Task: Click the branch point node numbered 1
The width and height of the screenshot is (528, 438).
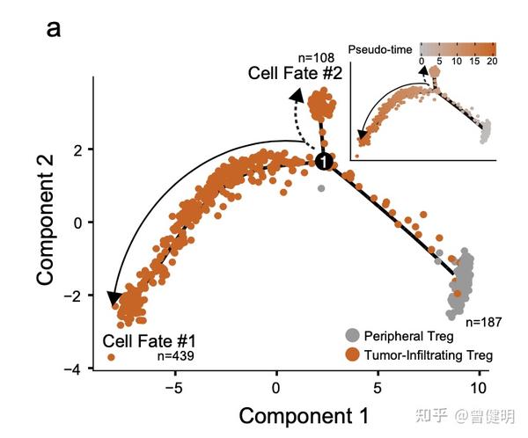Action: (x=324, y=162)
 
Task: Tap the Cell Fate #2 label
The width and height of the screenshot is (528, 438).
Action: (x=295, y=73)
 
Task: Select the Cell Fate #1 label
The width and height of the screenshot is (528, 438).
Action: (x=150, y=341)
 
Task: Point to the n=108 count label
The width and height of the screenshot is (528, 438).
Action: (x=316, y=57)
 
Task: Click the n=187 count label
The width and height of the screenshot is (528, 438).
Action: (x=483, y=322)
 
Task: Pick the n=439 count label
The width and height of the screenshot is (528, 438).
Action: (x=176, y=356)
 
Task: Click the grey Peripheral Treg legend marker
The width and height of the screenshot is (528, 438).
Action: (x=353, y=335)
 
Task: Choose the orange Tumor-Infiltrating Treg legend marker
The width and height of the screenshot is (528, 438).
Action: (x=353, y=354)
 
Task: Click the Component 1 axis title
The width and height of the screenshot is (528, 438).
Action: (x=304, y=416)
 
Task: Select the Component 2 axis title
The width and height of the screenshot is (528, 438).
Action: (x=45, y=220)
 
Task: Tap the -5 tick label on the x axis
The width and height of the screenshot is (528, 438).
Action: (x=173, y=388)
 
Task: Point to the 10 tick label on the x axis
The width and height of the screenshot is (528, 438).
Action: (x=478, y=388)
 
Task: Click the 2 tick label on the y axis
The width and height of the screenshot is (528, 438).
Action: (x=78, y=150)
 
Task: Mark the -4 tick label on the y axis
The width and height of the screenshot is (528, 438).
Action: (x=73, y=369)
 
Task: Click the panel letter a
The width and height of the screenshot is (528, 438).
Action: (x=54, y=29)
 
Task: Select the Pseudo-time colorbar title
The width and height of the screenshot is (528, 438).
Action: (x=380, y=50)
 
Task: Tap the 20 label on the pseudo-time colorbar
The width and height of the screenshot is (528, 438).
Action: (x=492, y=62)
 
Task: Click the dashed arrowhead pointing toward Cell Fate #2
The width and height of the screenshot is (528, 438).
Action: (x=297, y=96)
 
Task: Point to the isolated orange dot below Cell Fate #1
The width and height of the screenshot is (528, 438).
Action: (x=111, y=357)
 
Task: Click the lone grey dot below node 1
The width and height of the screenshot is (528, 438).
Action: (x=321, y=188)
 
